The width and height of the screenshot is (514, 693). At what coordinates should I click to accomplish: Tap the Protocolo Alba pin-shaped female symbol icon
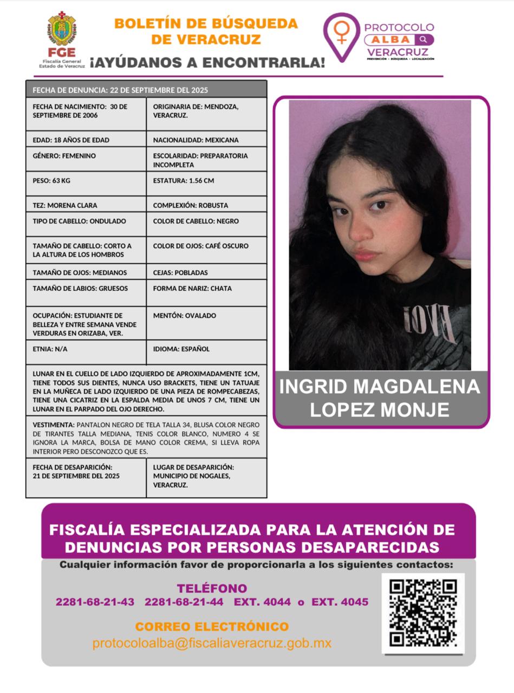coord(341,35)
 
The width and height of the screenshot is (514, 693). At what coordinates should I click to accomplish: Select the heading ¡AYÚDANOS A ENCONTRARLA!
coord(207,62)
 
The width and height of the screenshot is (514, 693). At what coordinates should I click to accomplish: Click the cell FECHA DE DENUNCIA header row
coord(146,90)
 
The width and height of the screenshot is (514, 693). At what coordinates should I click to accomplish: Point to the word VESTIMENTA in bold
coord(53,425)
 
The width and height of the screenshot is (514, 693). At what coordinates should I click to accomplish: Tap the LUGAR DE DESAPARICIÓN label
coord(193,467)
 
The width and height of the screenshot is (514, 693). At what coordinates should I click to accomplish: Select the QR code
coord(422,613)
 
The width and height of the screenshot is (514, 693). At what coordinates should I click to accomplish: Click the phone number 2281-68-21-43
coord(95,602)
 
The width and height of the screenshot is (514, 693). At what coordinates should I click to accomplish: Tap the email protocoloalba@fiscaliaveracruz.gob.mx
coord(212,643)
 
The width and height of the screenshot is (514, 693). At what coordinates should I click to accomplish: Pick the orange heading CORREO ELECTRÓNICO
coord(212,626)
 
